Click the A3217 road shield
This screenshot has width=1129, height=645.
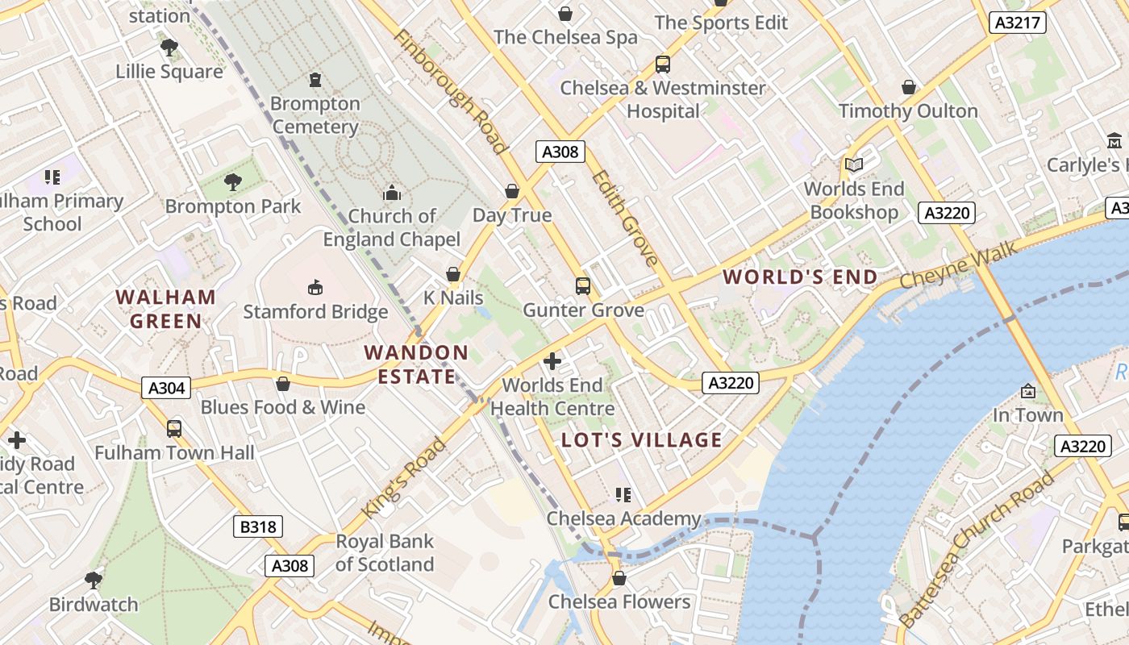1017,23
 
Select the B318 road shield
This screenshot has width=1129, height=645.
259,527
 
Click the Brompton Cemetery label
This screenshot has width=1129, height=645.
315,115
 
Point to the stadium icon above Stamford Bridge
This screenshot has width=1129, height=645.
315,287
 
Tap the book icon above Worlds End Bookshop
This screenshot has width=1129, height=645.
853,165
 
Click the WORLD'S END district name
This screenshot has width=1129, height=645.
800,277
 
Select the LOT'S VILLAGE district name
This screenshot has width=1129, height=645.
642,440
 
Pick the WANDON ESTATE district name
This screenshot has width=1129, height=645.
416,364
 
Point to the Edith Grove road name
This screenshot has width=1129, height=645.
626,217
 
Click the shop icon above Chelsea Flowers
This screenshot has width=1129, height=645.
619,578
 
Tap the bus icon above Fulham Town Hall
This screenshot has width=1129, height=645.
174,429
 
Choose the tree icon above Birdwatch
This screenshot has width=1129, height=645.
94,580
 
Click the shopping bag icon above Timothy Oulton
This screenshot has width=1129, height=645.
909,87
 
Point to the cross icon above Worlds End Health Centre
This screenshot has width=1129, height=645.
552,361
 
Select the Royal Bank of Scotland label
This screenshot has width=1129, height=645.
385,553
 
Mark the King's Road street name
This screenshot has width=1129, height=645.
404,479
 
